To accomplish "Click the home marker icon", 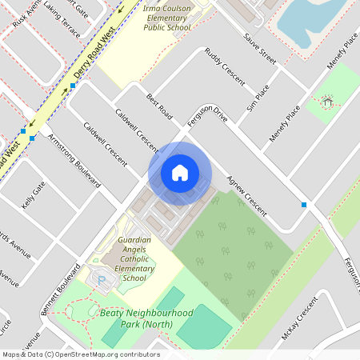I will coord(180,173).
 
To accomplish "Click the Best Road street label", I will coord(159,106).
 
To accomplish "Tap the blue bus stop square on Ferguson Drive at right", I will coord(304,206).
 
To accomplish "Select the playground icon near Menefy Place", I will coord(326,102).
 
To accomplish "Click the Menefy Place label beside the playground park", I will coord(286,123).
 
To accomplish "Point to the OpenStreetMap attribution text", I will coord(81,354).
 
